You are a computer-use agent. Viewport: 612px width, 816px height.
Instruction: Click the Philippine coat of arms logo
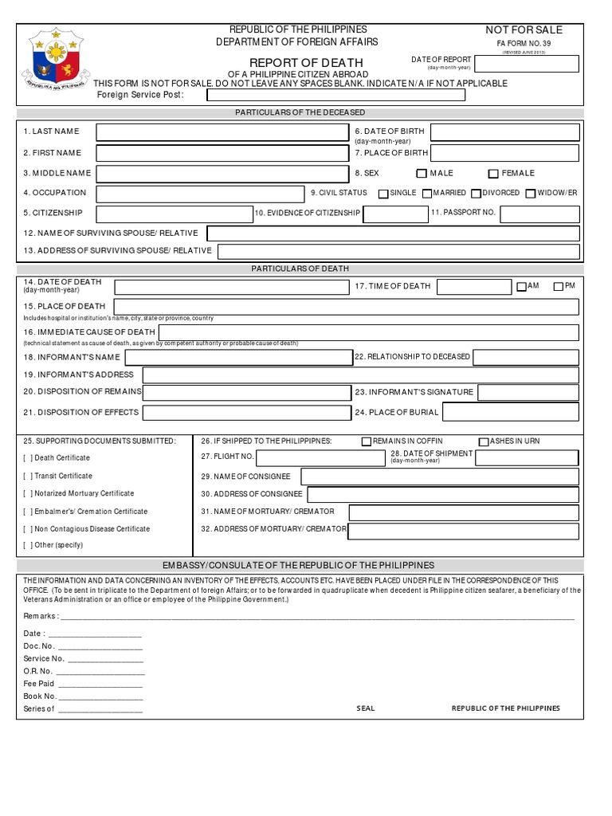click(54, 58)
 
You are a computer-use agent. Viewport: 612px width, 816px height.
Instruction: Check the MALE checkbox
click(422, 174)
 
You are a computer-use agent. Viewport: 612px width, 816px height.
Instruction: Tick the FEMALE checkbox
click(493, 174)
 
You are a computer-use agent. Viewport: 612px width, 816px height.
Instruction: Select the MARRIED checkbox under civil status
click(427, 194)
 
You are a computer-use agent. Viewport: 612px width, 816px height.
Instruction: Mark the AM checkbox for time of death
click(521, 286)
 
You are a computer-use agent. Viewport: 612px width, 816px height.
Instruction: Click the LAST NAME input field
click(222, 131)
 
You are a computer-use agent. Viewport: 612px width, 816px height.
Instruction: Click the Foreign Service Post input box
click(335, 96)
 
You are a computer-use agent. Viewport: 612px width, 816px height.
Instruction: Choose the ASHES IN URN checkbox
click(483, 441)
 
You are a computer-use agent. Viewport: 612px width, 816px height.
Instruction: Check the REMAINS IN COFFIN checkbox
click(367, 441)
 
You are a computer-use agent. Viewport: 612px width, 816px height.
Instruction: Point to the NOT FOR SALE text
click(524, 30)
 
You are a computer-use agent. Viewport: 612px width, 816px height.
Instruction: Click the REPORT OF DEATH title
click(306, 63)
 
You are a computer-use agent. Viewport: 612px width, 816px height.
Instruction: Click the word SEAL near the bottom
click(365, 708)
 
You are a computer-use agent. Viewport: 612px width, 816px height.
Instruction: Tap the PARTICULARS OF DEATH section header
click(300, 269)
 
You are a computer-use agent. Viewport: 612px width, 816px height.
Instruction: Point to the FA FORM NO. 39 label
click(524, 44)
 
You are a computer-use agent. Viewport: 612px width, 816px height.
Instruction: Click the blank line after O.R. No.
click(100, 672)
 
